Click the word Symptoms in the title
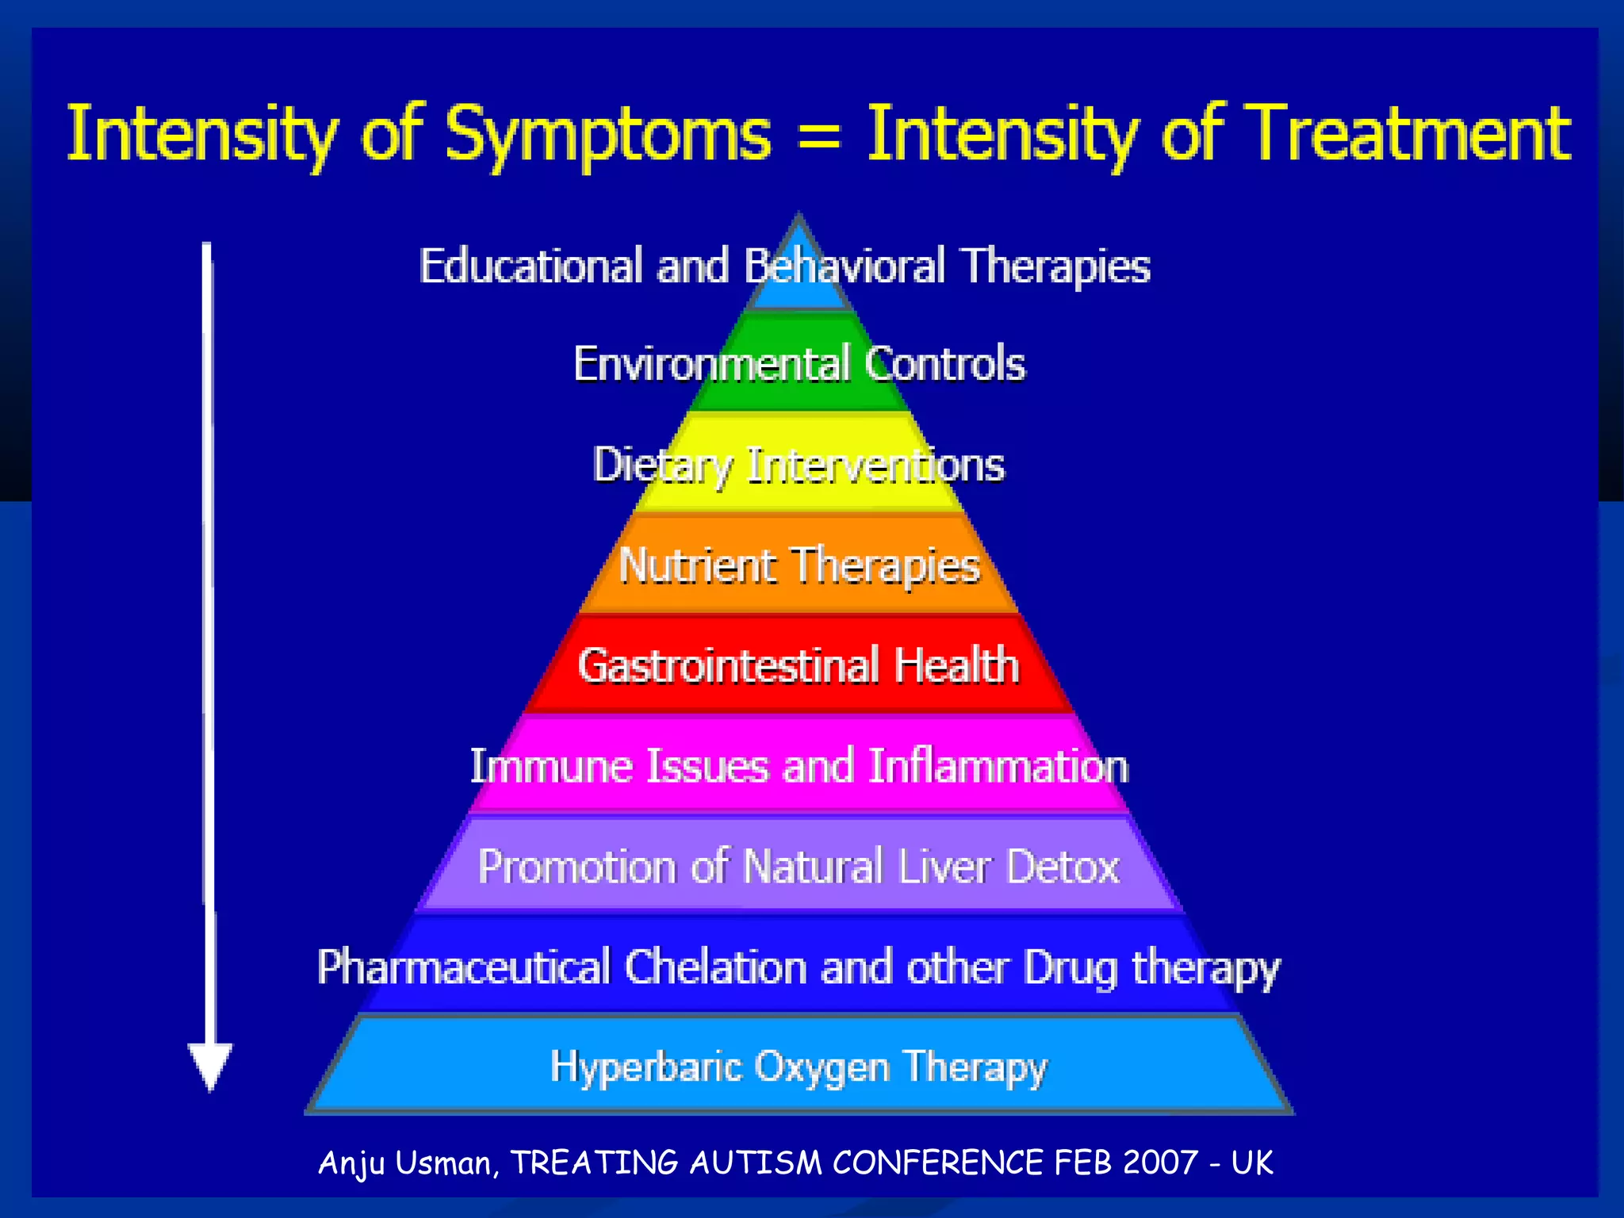607,135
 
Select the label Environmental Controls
799,364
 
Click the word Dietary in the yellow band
663,465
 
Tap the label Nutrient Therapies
799,566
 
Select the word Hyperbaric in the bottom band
645,1067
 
